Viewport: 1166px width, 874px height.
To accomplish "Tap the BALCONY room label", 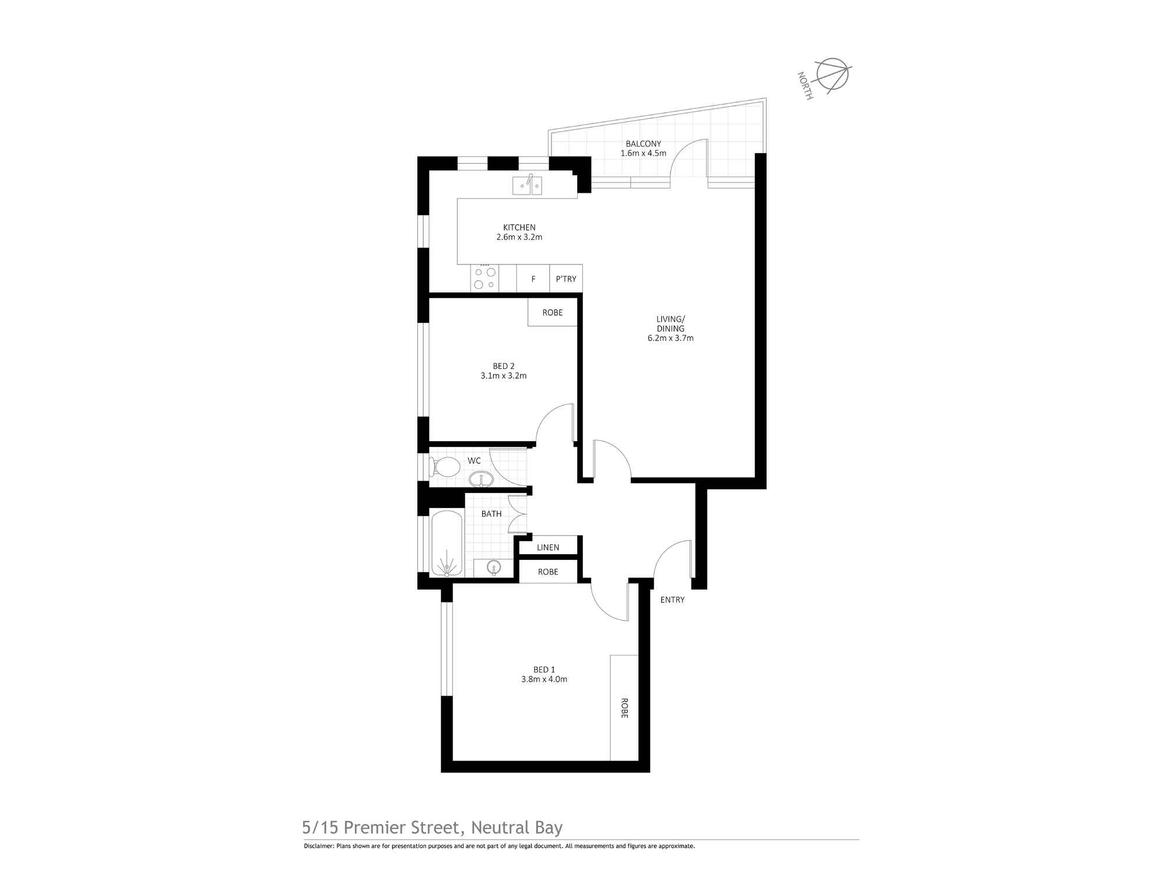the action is click(643, 144).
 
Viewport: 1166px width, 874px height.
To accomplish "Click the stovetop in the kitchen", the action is click(484, 278).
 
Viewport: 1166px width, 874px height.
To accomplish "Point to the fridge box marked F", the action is click(533, 279).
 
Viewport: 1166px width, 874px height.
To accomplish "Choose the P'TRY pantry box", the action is click(566, 279).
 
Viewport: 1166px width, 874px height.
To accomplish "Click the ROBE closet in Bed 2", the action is click(553, 312).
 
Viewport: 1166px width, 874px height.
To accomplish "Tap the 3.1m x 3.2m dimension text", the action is click(504, 376).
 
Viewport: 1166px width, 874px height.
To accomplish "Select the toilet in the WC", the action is click(444, 467).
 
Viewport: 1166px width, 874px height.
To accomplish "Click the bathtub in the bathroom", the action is click(447, 544).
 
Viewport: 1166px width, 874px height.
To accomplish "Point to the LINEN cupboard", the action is click(548, 547).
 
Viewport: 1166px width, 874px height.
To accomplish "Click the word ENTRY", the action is click(672, 600).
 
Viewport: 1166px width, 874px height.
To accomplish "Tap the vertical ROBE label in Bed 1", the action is click(624, 708).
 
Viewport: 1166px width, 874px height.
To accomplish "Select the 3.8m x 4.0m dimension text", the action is click(545, 679).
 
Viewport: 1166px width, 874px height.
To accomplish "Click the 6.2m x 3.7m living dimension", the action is click(670, 338).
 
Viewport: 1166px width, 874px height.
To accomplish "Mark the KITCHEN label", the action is click(519, 227).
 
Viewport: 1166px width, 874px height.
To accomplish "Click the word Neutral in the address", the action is click(500, 828).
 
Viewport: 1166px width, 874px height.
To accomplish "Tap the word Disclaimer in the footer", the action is click(318, 846).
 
